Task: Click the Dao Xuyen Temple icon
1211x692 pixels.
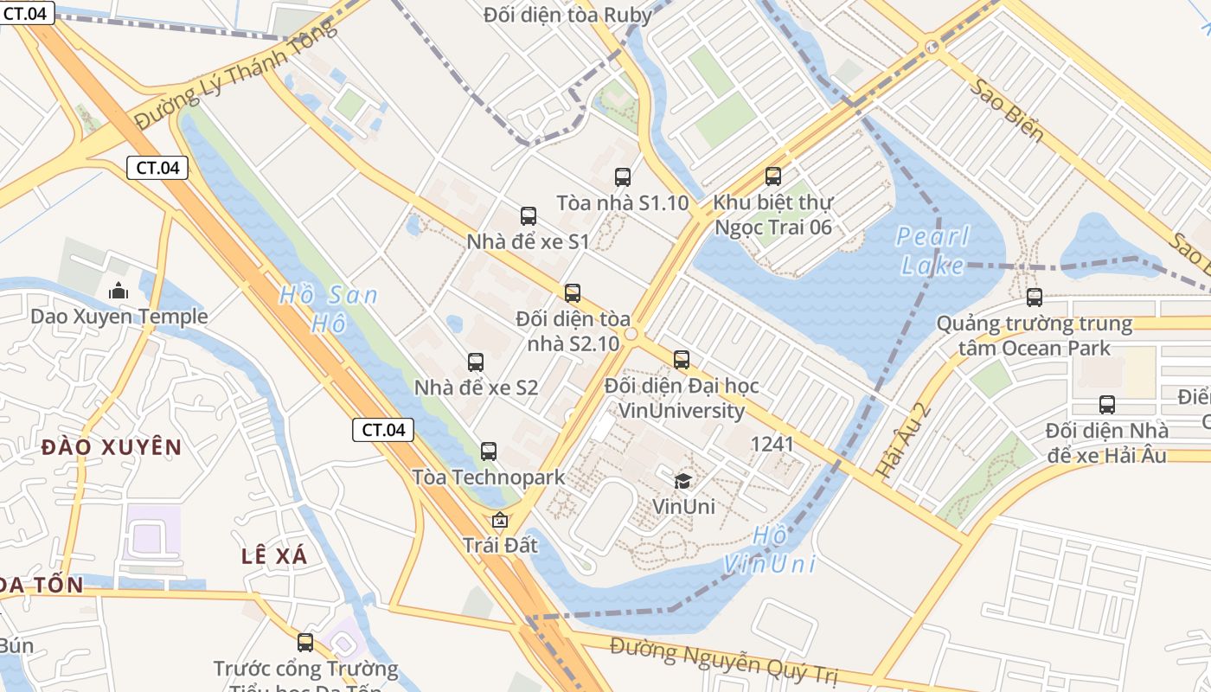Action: [119, 292]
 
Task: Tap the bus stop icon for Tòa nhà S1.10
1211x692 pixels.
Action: [623, 177]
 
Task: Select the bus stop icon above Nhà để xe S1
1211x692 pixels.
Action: [529, 216]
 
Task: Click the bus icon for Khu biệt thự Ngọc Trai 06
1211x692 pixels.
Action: [773, 176]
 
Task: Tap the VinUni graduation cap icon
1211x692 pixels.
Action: [683, 480]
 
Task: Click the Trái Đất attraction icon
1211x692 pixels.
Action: [499, 520]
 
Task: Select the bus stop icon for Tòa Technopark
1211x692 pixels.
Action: [489, 451]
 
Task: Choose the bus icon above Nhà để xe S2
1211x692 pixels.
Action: [476, 362]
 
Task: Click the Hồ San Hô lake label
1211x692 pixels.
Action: [329, 309]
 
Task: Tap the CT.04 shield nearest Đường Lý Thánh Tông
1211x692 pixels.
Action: [157, 168]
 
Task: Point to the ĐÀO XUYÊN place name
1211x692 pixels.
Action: [112, 447]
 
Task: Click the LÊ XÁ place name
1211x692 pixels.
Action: [274, 556]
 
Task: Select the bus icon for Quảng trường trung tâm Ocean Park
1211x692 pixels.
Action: [1035, 298]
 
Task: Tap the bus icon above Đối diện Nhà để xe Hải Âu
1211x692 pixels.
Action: [1107, 404]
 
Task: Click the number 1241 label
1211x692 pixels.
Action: [772, 445]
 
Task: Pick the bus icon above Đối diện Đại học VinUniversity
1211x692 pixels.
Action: [682, 359]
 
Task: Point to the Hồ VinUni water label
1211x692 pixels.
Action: [769, 550]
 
